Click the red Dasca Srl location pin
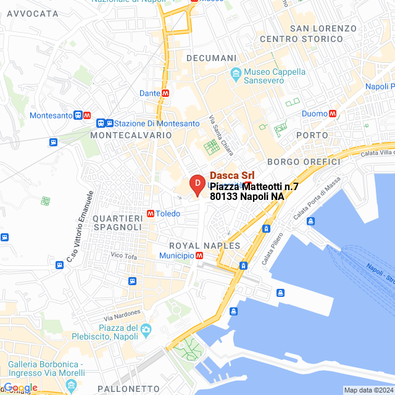click(196, 185)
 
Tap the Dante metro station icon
click(165, 93)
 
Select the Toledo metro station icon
click(151, 214)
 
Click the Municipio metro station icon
click(199, 256)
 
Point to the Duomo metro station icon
click(333, 114)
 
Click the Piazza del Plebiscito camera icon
click(146, 330)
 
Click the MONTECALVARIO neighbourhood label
click(131, 135)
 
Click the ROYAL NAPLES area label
click(204, 245)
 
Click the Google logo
click(20, 388)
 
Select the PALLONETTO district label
click(132, 388)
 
